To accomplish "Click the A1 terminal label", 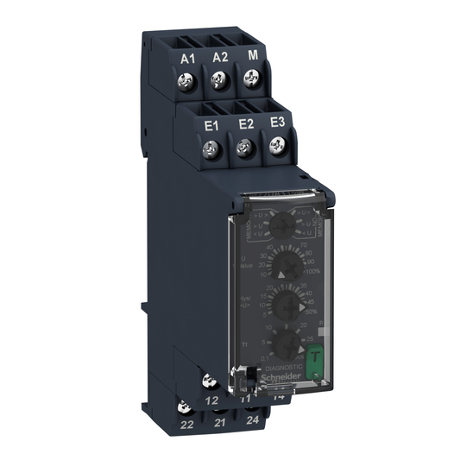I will [188, 58].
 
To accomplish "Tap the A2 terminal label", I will [220, 57].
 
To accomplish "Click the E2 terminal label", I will [245, 123].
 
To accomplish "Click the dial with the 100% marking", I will [282, 265].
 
